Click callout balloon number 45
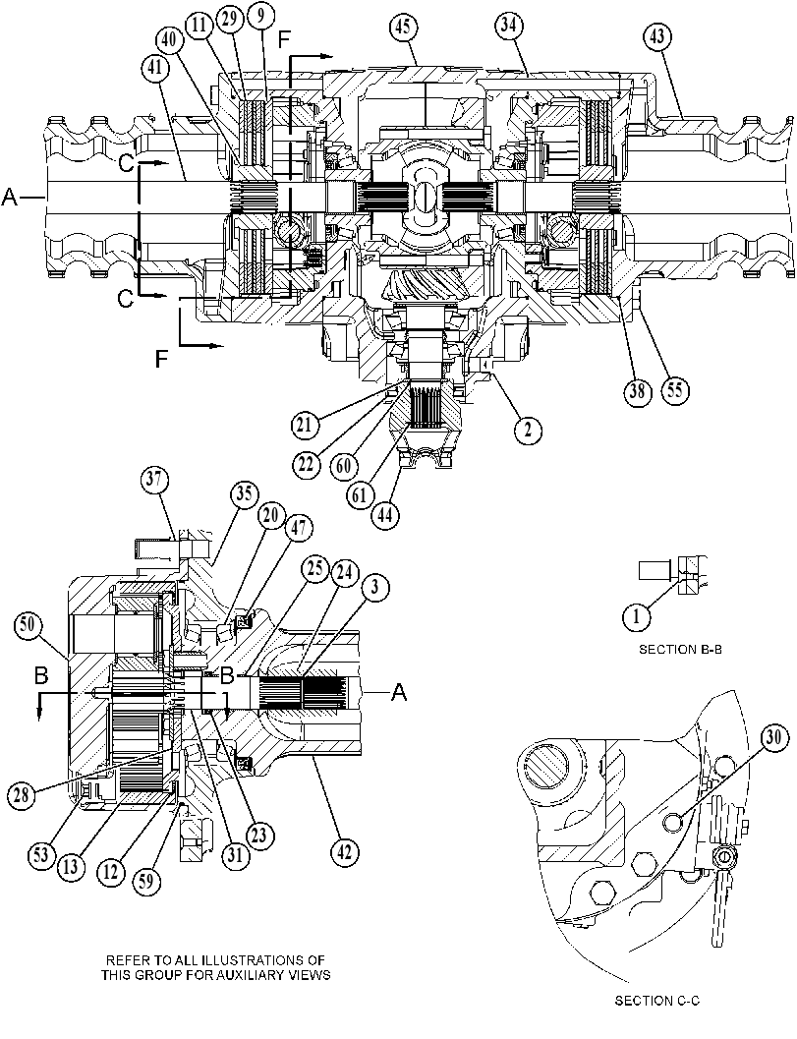click(404, 29)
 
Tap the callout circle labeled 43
click(657, 37)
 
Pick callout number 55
click(674, 390)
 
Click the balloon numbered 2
click(528, 430)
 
